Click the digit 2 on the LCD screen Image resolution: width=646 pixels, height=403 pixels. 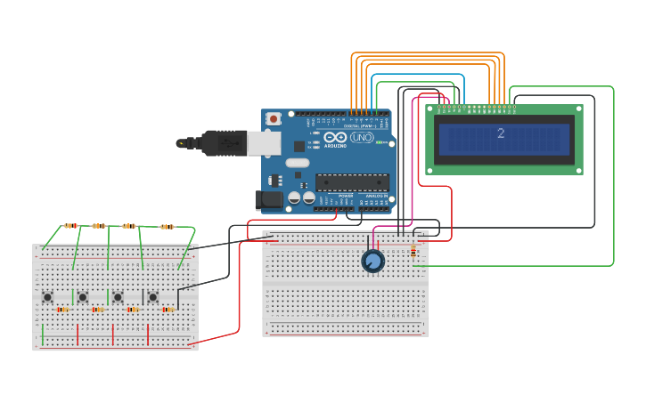pos(501,133)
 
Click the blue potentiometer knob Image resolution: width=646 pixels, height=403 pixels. pos(373,261)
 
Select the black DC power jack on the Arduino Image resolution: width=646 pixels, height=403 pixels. pos(268,201)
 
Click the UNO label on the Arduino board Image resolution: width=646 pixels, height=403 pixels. pos(362,138)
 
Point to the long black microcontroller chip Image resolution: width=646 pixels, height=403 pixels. pos(352,182)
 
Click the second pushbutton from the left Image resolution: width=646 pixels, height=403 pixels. pos(82,296)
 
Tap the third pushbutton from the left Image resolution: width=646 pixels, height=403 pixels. pos(118,296)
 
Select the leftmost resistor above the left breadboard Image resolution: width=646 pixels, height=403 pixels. pos(70,225)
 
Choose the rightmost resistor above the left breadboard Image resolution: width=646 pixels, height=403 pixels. pos(167,227)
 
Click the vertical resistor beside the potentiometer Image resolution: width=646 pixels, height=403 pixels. pos(413,253)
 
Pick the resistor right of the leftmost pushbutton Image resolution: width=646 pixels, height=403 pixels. pos(62,310)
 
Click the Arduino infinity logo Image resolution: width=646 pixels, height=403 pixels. pos(335,138)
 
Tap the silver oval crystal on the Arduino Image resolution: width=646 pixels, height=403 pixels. pos(298,163)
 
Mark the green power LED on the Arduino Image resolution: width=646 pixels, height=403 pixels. pos(380,142)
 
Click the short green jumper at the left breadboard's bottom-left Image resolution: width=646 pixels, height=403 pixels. pos(43,334)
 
